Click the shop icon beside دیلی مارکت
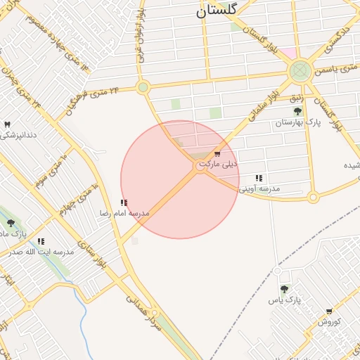[x=217, y=153]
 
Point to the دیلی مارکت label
[x=219, y=165]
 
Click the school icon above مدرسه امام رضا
[x=124, y=202]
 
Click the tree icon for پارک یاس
[x=284, y=288]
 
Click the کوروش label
[x=329, y=321]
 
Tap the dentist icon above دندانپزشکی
[x=7, y=124]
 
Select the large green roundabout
[x=300, y=70]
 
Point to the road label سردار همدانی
[x=154, y=323]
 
